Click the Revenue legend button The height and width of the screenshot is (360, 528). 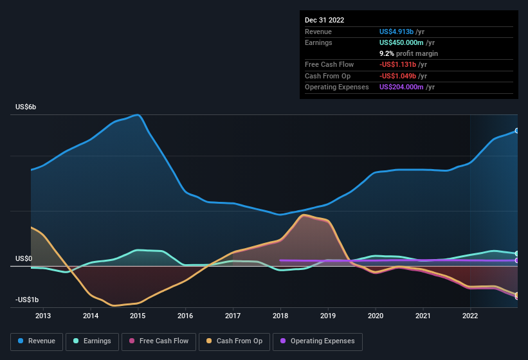(37, 341)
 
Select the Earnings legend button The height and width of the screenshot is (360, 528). (91, 341)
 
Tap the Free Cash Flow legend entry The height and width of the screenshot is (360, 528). (159, 341)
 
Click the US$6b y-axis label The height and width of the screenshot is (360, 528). (26, 107)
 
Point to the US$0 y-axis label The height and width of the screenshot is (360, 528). (24, 258)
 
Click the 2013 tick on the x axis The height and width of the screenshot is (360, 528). (43, 316)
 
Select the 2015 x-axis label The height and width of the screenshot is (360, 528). (138, 316)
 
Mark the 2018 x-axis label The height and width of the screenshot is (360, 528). (280, 316)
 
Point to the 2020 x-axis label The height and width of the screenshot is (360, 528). (376, 316)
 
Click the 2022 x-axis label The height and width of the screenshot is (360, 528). (470, 316)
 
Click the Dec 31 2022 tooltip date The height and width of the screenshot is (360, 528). (325, 20)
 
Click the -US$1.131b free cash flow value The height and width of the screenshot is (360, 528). (399, 64)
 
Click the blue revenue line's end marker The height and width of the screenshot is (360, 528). (516, 130)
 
